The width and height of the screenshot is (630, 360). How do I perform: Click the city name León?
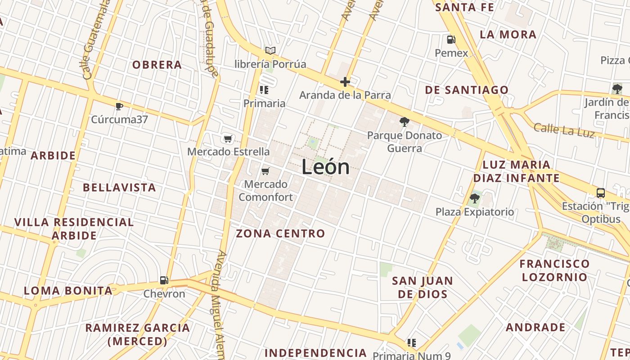(x=325, y=167)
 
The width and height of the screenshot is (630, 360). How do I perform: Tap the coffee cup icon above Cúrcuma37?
(x=119, y=106)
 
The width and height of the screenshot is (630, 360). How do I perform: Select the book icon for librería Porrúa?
(x=270, y=50)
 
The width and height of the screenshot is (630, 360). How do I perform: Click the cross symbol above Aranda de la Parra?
(x=345, y=82)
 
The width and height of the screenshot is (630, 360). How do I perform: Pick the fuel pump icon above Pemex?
(x=451, y=40)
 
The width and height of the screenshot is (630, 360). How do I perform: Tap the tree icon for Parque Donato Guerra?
(x=405, y=121)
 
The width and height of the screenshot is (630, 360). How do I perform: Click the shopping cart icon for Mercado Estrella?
(x=228, y=139)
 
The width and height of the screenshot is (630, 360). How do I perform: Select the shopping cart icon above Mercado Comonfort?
(x=265, y=171)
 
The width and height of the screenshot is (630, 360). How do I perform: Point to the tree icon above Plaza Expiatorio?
(x=474, y=198)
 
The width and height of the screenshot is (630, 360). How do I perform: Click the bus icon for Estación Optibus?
(x=600, y=193)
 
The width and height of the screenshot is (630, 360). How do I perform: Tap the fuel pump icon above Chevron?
(x=164, y=280)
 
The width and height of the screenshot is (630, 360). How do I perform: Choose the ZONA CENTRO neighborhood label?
(x=280, y=234)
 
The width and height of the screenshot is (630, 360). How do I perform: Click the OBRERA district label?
(x=157, y=65)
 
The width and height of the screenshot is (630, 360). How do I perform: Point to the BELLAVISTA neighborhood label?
(x=120, y=188)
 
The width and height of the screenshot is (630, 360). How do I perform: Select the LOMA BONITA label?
(x=68, y=291)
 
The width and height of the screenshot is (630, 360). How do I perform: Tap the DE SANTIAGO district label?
(x=467, y=90)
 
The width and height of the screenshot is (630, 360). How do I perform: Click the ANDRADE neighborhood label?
(x=535, y=327)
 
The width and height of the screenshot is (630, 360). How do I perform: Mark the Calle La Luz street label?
(x=564, y=130)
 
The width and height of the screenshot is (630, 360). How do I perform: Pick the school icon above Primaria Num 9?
(x=412, y=343)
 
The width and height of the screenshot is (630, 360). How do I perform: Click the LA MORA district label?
(x=508, y=35)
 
